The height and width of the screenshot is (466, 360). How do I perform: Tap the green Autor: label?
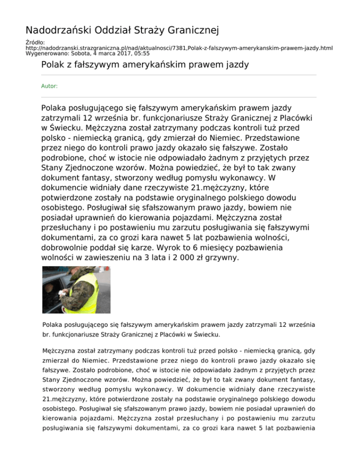(x=50, y=86)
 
